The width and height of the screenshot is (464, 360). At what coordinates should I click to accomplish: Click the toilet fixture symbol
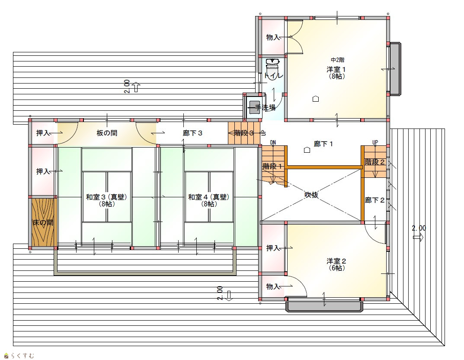pyautogui.click(x=272, y=64)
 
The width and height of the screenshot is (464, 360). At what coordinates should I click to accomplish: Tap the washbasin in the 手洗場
pyautogui.click(x=254, y=107)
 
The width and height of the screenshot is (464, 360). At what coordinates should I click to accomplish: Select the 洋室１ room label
pyautogui.click(x=336, y=70)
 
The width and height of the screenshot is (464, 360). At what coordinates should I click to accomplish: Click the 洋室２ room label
pyautogui.click(x=336, y=261)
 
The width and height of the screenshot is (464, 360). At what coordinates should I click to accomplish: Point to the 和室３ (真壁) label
pyautogui.click(x=106, y=197)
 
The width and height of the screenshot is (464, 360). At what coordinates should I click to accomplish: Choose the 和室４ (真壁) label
pyautogui.click(x=208, y=197)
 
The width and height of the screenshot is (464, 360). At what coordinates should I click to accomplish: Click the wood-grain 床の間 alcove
pyautogui.click(x=43, y=222)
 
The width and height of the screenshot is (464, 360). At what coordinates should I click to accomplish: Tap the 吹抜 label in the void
pyautogui.click(x=311, y=195)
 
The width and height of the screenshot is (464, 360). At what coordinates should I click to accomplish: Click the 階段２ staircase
pyautogui.click(x=374, y=162)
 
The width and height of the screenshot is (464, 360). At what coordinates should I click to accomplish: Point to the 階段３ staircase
pyautogui.click(x=244, y=133)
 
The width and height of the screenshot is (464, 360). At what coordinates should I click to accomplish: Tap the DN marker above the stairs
pyautogui.click(x=273, y=142)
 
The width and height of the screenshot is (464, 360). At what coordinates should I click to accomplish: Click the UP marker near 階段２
pyautogui.click(x=375, y=142)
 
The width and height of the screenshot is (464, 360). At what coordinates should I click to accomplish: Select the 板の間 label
pyautogui.click(x=107, y=133)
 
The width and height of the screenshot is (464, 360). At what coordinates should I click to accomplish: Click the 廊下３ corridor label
pyautogui.click(x=192, y=133)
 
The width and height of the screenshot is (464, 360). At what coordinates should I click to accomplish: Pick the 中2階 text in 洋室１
pyautogui.click(x=337, y=60)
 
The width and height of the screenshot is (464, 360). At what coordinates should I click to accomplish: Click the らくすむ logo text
pyautogui.click(x=22, y=355)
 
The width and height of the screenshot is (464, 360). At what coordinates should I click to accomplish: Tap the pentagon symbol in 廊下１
pyautogui.click(x=307, y=150)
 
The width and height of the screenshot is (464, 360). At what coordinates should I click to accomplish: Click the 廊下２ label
pyautogui.click(x=374, y=200)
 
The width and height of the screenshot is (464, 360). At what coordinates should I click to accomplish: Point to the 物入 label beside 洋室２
pyautogui.click(x=273, y=286)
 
